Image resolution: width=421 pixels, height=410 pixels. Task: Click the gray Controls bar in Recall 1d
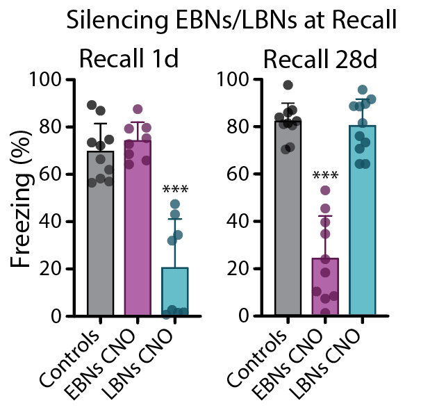[x=100, y=236]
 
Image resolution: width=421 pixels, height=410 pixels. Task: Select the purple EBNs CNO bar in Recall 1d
[x=138, y=229]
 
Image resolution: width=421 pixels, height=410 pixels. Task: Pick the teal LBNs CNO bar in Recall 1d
[x=174, y=292]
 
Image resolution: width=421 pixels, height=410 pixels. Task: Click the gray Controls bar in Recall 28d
[x=288, y=222]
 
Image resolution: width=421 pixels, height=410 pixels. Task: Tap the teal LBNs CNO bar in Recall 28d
[x=362, y=222]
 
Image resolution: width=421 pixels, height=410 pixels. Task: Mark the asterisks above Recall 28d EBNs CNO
[x=325, y=176]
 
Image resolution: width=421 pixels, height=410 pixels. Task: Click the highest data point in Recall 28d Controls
[x=288, y=85]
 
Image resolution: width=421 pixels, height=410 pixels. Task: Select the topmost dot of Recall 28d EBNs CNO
[x=325, y=190]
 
